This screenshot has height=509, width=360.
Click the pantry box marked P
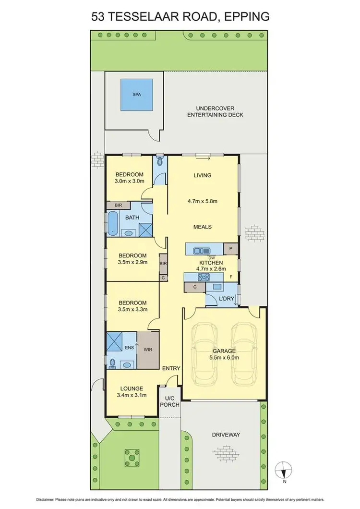tap(231, 249)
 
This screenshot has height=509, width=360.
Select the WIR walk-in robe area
tap(147, 349)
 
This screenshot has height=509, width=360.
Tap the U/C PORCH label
tap(171, 401)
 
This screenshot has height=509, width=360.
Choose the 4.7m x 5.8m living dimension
tap(202, 202)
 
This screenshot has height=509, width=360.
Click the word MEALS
tap(202, 227)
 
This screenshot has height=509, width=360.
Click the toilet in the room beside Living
tap(160, 164)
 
